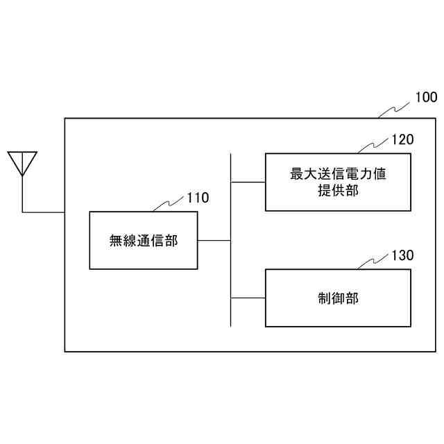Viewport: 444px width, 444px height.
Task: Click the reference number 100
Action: pyautogui.click(x=425, y=97)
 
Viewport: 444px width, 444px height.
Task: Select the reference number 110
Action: pyautogui.click(x=197, y=198)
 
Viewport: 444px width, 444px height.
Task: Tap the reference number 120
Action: pyautogui.click(x=402, y=139)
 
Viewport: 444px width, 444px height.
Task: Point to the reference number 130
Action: pyautogui.click(x=402, y=255)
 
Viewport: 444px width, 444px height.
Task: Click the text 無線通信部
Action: pyautogui.click(x=144, y=241)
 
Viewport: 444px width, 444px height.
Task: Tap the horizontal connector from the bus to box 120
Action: pyautogui.click(x=248, y=182)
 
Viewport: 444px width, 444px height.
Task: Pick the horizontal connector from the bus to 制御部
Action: pyautogui.click(x=248, y=298)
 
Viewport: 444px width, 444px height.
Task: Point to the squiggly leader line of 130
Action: pyautogui.click(x=373, y=262)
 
